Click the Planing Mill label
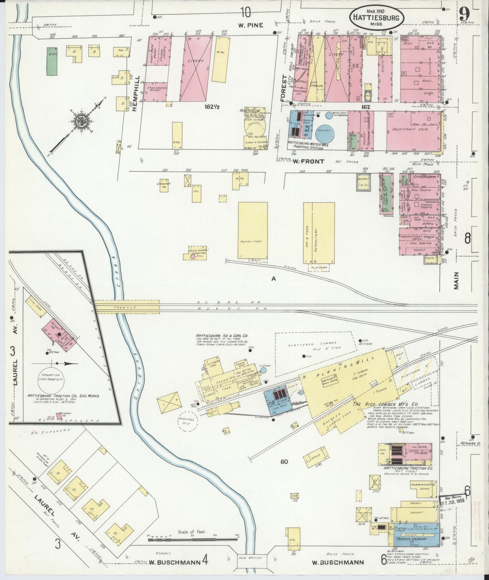(x=346, y=366)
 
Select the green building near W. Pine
(x=52, y=61)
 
